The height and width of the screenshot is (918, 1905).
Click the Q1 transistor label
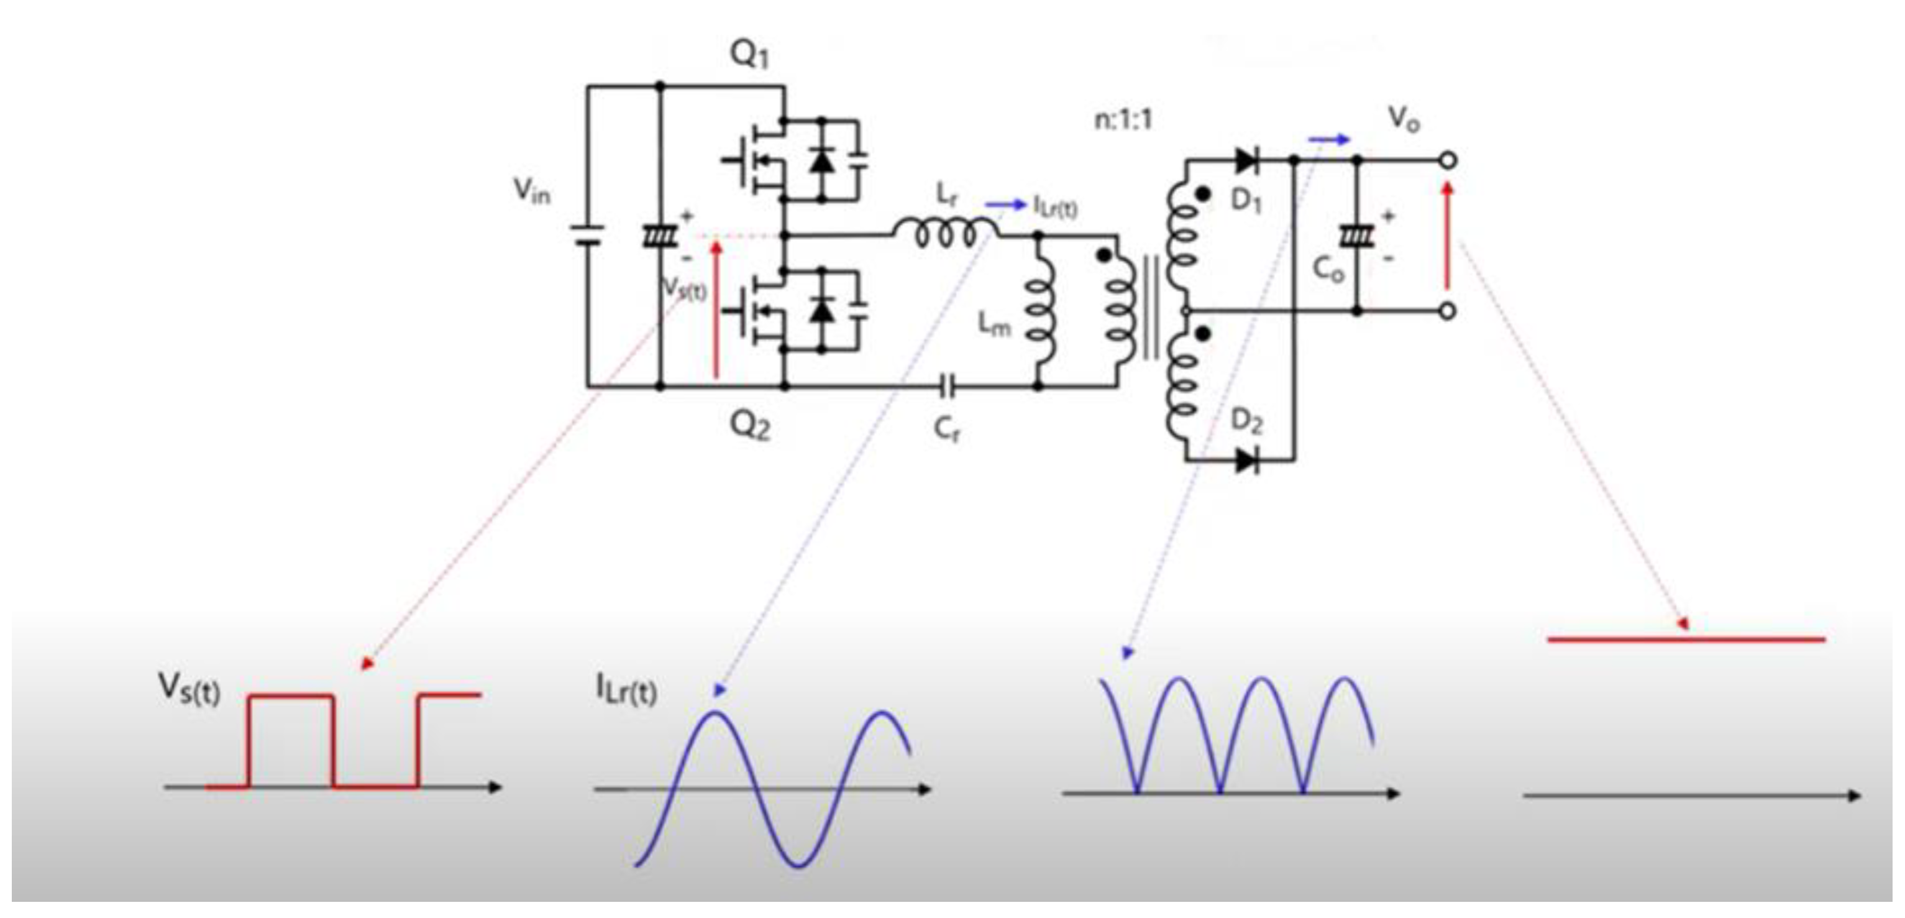[749, 54]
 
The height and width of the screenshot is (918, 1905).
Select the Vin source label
[532, 191]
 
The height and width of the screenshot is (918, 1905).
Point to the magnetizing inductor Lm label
[993, 324]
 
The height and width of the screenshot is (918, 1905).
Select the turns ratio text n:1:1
[1123, 119]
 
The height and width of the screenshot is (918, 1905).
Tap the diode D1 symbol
[1248, 160]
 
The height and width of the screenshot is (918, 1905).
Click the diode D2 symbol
[1248, 461]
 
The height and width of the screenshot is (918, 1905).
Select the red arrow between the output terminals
[1447, 237]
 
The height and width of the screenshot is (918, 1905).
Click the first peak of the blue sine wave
[715, 713]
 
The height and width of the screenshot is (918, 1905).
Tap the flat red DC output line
[1686, 639]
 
